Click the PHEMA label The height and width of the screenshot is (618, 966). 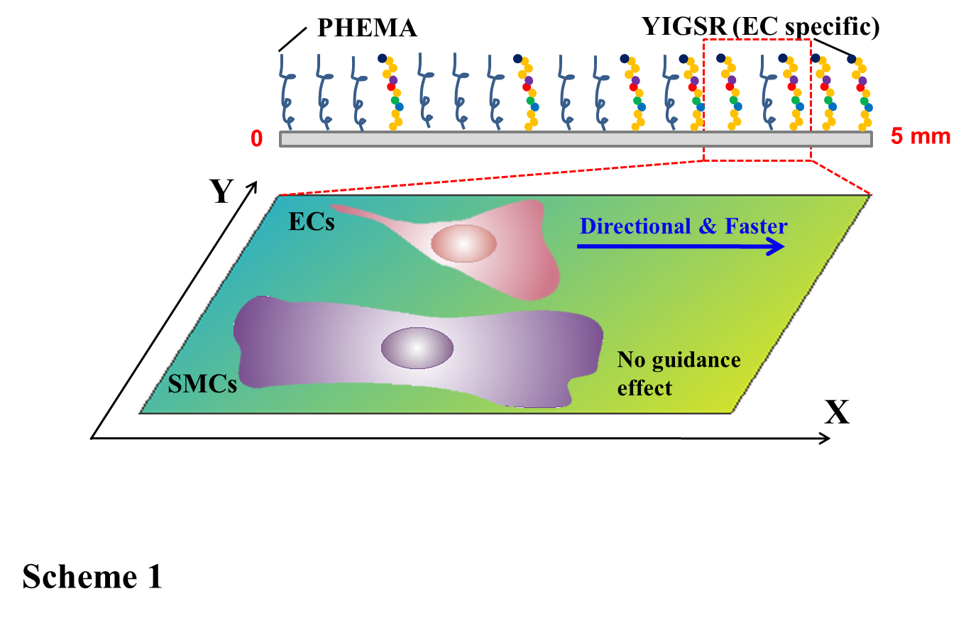pyautogui.click(x=366, y=28)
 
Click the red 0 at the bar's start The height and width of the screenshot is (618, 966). pyautogui.click(x=257, y=138)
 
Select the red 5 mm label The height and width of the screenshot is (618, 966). pyautogui.click(x=921, y=137)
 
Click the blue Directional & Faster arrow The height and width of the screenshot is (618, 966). pyautogui.click(x=681, y=246)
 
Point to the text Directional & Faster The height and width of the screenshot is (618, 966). pyautogui.click(x=684, y=226)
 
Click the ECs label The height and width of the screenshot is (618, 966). pyautogui.click(x=311, y=222)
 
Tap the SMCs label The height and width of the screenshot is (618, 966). pyautogui.click(x=202, y=385)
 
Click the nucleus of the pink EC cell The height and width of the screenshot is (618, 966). pyautogui.click(x=463, y=244)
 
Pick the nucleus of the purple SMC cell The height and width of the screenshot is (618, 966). pyautogui.click(x=417, y=348)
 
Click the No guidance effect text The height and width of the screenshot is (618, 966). pyautogui.click(x=679, y=374)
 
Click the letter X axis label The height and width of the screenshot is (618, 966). pyautogui.click(x=838, y=412)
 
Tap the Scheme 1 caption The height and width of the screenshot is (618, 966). pyautogui.click(x=92, y=577)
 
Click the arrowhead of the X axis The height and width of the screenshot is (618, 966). pyautogui.click(x=825, y=438)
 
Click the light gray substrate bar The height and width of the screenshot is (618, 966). pyautogui.click(x=576, y=139)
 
